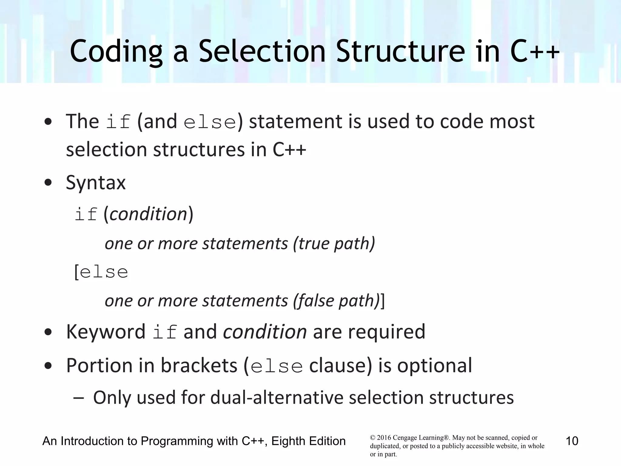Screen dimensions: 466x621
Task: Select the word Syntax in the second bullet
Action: [x=96, y=183]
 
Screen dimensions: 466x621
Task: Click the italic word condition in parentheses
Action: [x=148, y=214]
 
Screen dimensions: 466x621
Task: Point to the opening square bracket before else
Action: [x=77, y=272]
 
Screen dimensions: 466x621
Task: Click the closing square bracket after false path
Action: [x=382, y=301]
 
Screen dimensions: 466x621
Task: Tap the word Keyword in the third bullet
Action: [x=106, y=331]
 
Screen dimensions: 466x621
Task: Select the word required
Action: [x=387, y=331]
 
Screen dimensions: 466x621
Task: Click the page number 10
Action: [x=572, y=441]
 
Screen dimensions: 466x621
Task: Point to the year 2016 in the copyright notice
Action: [x=384, y=438]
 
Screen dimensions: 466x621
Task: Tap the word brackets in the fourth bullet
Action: [x=199, y=365]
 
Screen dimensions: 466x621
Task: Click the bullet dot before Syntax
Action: [x=48, y=183]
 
